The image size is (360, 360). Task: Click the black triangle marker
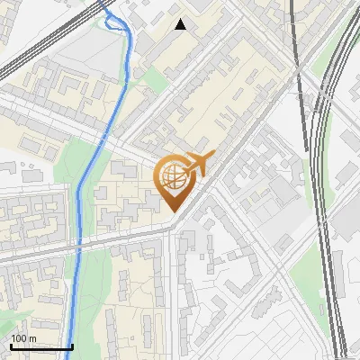[x=181, y=24]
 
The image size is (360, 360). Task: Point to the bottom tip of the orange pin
[x=172, y=212]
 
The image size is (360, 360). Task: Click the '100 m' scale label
[x=23, y=337]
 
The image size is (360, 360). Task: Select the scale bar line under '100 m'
[x=41, y=346]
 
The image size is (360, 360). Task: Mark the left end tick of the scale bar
[x=11, y=346]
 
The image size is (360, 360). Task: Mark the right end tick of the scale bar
[x=73, y=346]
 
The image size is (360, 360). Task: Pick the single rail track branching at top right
[x=296, y=36]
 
